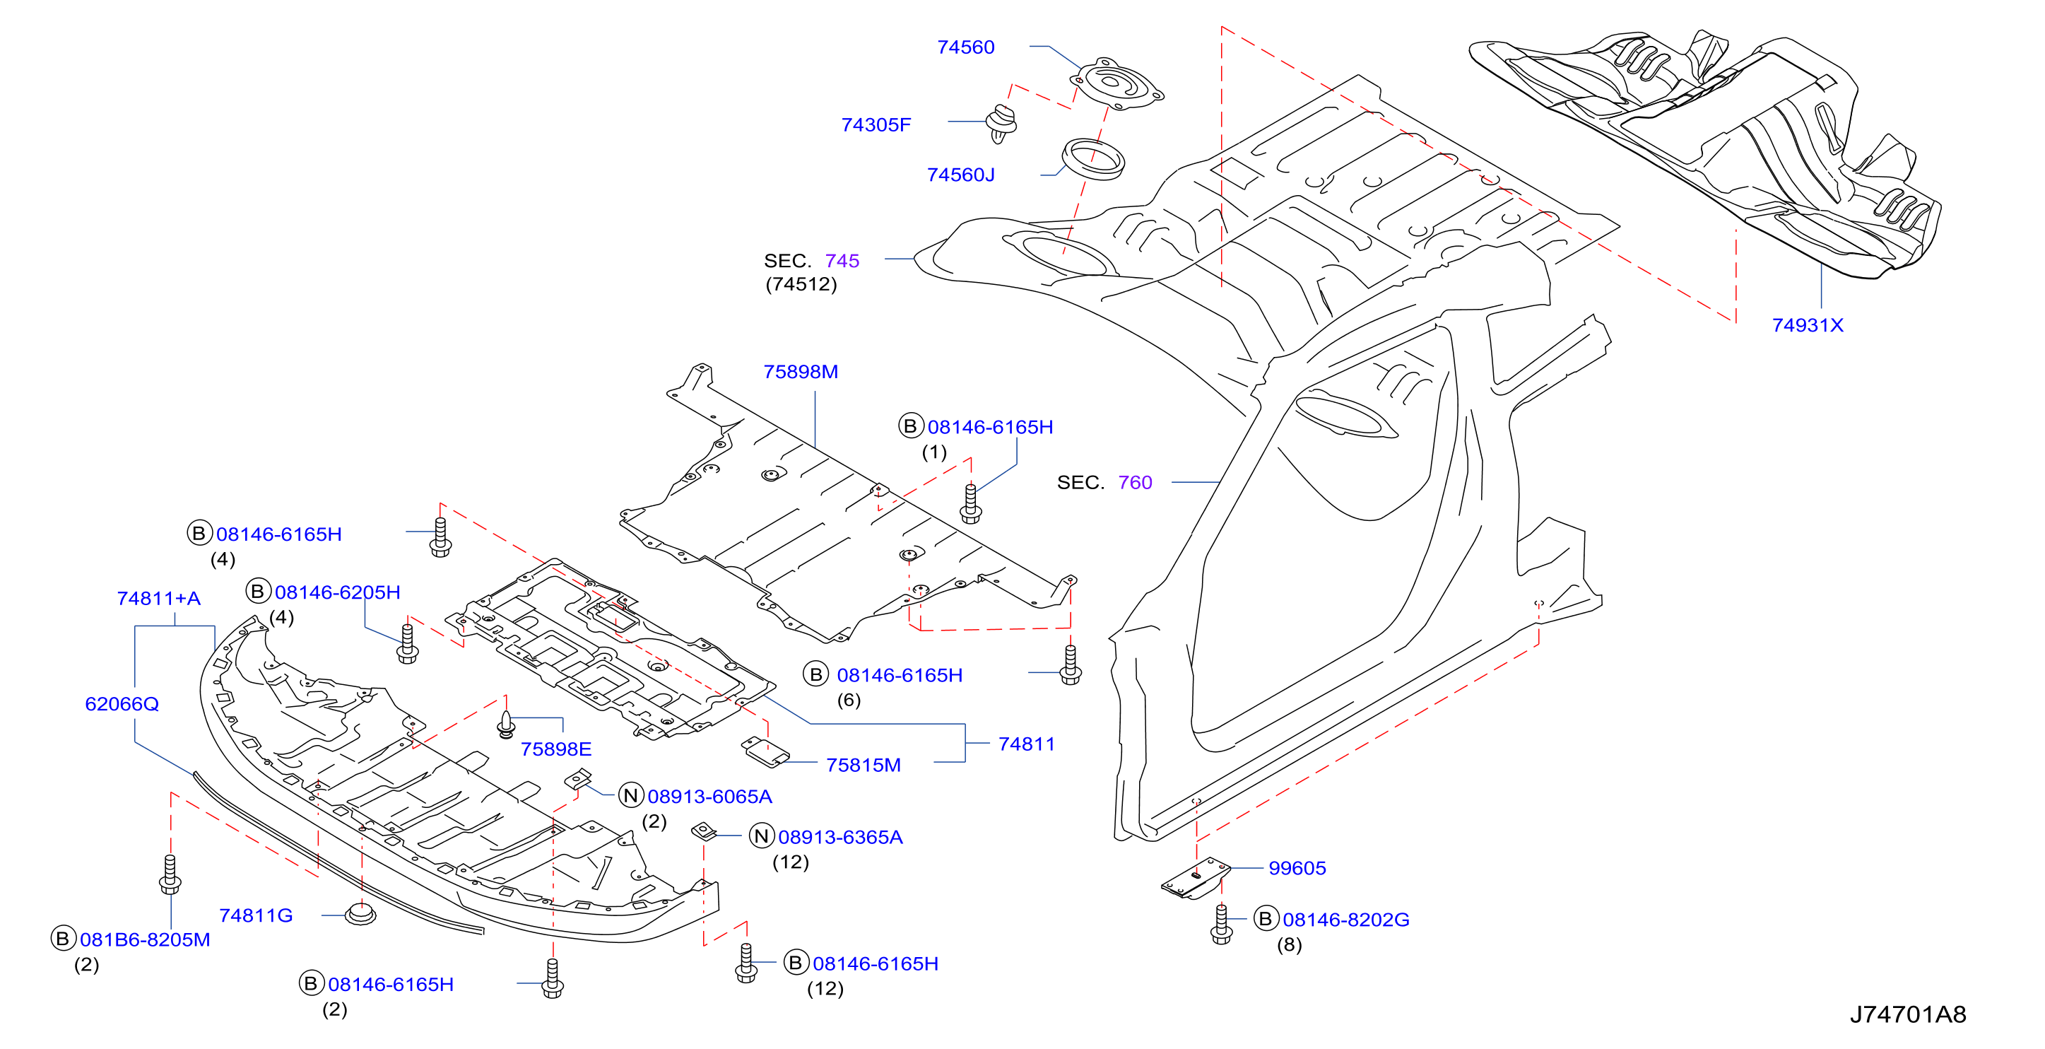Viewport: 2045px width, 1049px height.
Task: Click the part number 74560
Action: [965, 47]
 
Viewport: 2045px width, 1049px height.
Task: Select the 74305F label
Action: [876, 124]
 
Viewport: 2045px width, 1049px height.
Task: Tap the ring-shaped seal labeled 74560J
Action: [1093, 159]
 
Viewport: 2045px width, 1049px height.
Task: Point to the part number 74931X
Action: [1808, 324]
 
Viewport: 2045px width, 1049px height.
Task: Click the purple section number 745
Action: [842, 260]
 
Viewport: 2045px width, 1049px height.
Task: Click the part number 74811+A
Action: [159, 598]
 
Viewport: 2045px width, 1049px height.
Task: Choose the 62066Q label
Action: [122, 703]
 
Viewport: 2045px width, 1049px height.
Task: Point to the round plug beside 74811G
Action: [360, 913]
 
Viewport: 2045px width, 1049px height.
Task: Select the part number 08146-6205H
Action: [337, 592]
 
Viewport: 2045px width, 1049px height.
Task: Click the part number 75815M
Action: [863, 765]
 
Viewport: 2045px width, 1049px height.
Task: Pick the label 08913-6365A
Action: [840, 837]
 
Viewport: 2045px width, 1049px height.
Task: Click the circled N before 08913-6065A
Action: [630, 796]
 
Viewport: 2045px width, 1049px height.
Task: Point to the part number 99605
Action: [1297, 868]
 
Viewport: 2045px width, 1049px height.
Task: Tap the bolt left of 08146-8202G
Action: [1222, 924]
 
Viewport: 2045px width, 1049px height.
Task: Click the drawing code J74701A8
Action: [1908, 1014]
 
